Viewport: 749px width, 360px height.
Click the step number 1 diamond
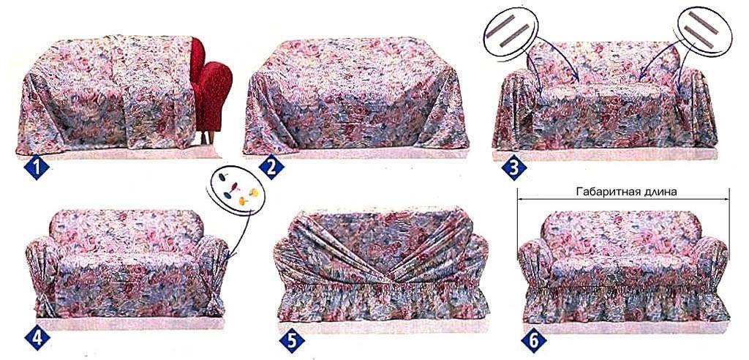[37, 168]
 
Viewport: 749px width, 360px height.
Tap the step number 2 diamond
[271, 168]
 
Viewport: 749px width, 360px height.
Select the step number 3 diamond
[514, 168]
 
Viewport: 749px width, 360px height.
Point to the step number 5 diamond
[292, 340]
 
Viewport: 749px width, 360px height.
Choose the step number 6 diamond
[533, 340]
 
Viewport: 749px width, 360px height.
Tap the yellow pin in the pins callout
[254, 192]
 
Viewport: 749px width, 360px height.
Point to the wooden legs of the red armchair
[208, 138]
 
